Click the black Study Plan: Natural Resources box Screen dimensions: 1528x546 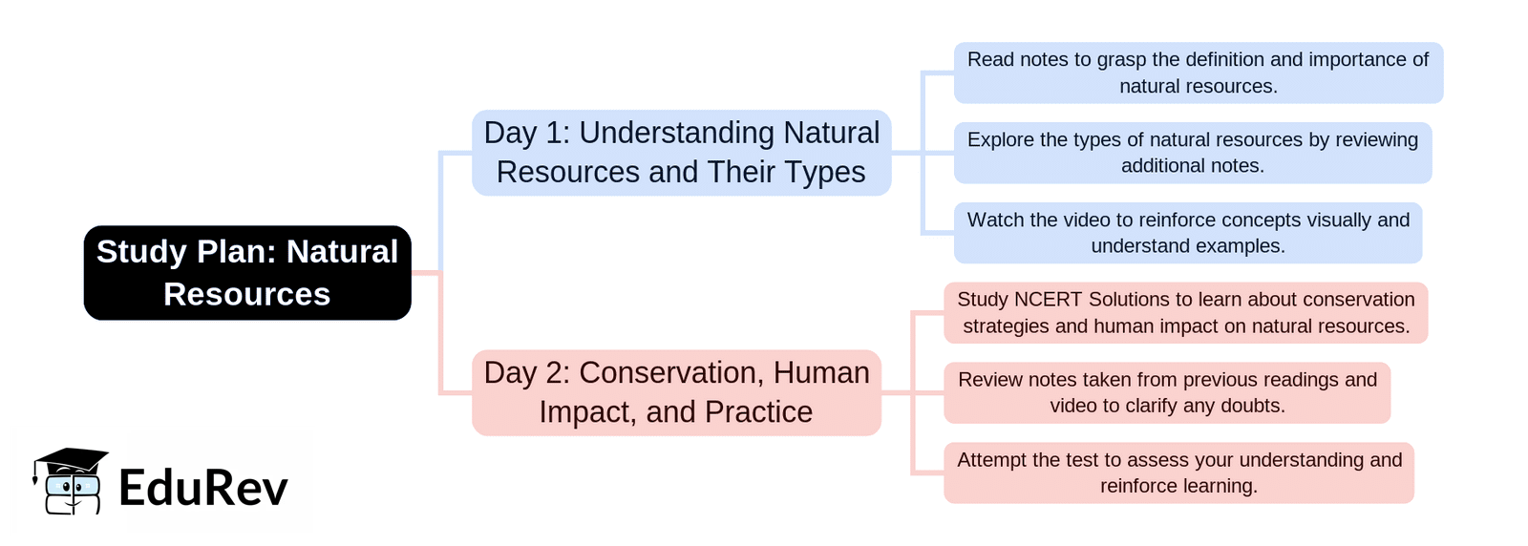tap(247, 273)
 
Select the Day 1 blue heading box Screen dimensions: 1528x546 tap(682, 153)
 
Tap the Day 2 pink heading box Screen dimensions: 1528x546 tap(677, 392)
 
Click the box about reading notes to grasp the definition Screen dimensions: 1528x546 tap(1199, 73)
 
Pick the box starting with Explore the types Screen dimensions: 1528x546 tap(1193, 153)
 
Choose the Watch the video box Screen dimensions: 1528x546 tap(1188, 233)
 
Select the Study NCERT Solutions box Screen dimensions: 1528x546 tap(1185, 313)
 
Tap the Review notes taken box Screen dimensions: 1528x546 tap(1167, 392)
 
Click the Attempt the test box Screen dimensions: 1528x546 tap(1178, 473)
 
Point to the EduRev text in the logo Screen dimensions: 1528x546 tap(203, 488)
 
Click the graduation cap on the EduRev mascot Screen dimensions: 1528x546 tap(71, 461)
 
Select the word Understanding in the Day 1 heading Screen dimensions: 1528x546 tap(677, 134)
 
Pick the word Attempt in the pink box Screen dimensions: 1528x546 tap(992, 460)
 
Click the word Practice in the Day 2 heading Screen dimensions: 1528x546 tap(758, 411)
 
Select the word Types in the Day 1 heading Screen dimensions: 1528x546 tap(825, 173)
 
